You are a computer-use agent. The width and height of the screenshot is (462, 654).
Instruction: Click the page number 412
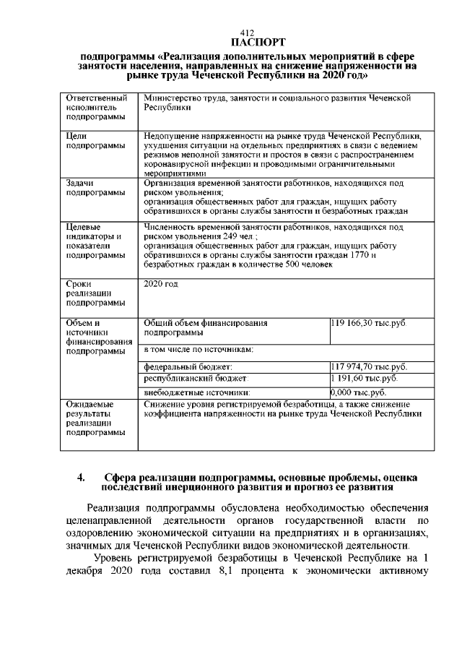pos(247,33)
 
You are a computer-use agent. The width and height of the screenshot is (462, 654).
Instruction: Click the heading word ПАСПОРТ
pos(247,42)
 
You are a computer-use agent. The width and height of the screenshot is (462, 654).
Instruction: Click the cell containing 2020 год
pos(160,284)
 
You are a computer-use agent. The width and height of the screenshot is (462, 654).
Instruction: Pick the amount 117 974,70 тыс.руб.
pos(368,366)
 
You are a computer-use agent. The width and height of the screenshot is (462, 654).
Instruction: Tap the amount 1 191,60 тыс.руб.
pos(365,379)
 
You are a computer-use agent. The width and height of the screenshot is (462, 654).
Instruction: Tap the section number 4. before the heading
pos(82,477)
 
